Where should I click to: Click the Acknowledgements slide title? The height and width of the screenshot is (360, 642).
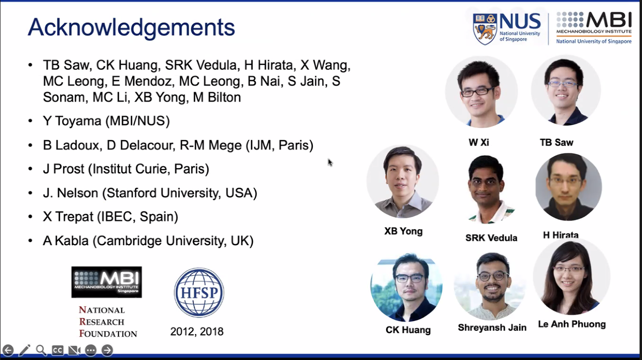131,28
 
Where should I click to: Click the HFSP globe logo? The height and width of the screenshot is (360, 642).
199,292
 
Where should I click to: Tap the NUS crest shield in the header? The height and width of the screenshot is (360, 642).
485,29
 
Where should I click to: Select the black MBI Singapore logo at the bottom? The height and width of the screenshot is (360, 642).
106,282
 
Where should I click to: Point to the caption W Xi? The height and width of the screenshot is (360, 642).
478,142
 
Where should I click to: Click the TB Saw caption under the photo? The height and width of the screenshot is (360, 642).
557,142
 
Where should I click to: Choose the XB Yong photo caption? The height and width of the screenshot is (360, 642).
403,231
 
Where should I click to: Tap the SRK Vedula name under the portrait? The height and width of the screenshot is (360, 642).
491,238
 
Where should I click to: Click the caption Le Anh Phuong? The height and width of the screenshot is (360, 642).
572,324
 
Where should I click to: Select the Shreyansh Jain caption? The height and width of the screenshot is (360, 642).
492,327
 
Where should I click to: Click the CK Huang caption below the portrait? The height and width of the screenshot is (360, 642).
408,330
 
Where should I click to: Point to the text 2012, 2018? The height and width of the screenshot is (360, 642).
197,332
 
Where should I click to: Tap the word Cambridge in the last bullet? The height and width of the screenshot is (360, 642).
129,241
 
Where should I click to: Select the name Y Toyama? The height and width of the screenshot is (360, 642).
72,121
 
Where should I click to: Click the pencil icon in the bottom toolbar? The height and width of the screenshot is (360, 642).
24,350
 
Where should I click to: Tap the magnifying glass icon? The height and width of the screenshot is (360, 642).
41,350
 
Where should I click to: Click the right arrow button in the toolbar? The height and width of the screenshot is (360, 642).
107,350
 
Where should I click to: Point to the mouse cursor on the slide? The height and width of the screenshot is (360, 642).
330,162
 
